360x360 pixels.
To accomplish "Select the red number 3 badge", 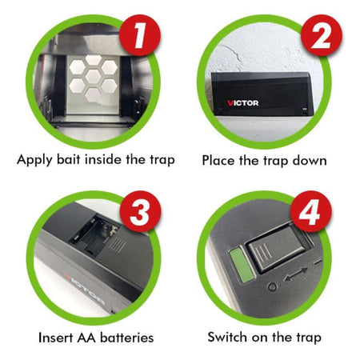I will pos(140,214).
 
